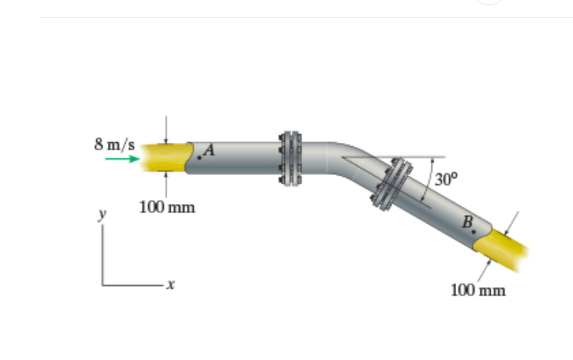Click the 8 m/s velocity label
(x=115, y=145)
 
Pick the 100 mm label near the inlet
(x=167, y=207)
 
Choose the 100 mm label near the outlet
(x=478, y=290)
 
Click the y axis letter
(x=103, y=214)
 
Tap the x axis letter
(x=171, y=285)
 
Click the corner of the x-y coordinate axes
(x=103, y=285)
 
